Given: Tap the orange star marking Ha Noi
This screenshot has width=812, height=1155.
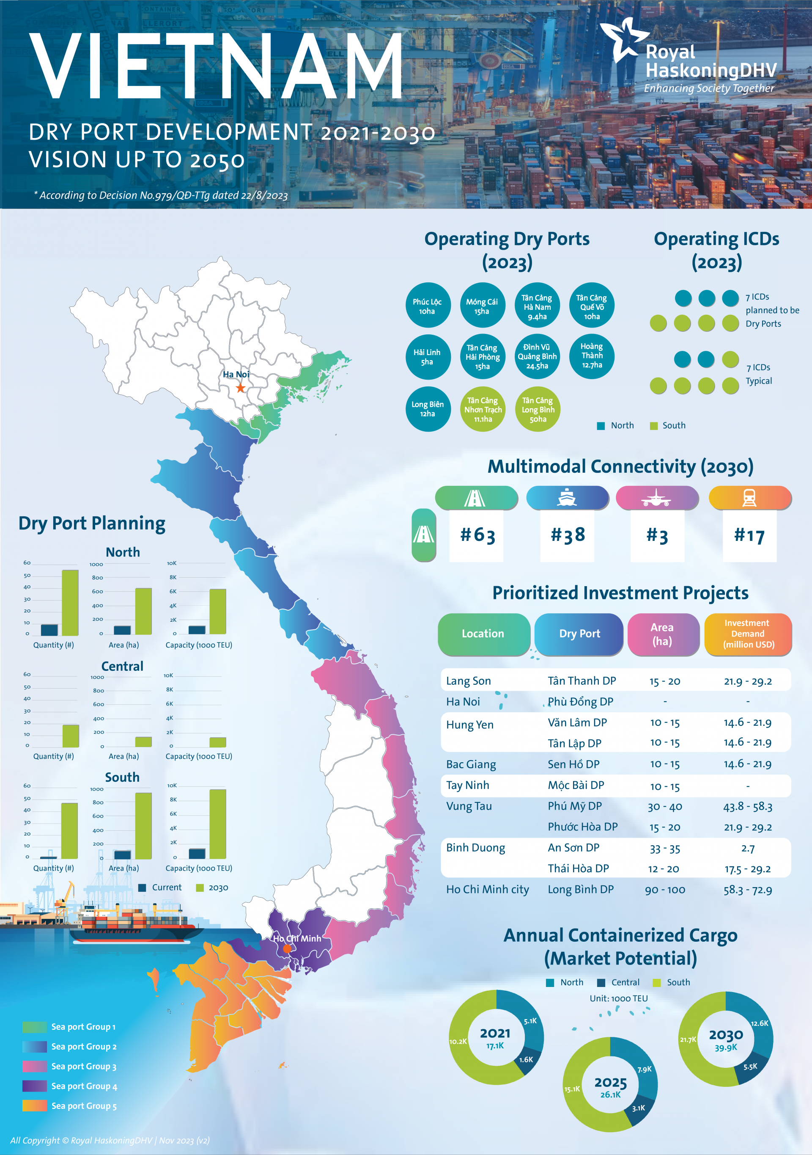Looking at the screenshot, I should pyautogui.click(x=241, y=388).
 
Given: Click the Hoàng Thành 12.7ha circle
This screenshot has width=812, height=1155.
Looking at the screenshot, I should pyautogui.click(x=592, y=356).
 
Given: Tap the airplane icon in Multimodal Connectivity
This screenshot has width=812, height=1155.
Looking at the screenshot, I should pyautogui.click(x=656, y=498).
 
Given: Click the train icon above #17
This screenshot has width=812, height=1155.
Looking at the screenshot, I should pyautogui.click(x=749, y=498).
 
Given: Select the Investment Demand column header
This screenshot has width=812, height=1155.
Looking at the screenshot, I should pyautogui.click(x=748, y=634).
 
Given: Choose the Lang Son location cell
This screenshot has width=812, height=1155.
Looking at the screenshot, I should pyautogui.click(x=468, y=681).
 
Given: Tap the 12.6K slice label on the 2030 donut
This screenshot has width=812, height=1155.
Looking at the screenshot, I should pyautogui.click(x=759, y=1023).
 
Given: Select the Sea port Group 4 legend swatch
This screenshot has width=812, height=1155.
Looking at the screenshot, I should pyautogui.click(x=34, y=1086).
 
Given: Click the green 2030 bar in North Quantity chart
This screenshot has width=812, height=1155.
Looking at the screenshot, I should pyautogui.click(x=70, y=602).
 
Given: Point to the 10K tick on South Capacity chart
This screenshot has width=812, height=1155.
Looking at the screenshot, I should pyautogui.click(x=172, y=785).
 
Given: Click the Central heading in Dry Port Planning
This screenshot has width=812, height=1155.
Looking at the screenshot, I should pyautogui.click(x=122, y=666).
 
